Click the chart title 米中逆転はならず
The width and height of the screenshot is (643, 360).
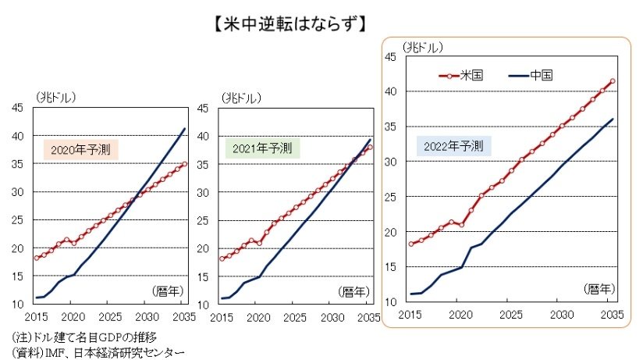tap(290, 23)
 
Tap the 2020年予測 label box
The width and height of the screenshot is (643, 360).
tap(81, 150)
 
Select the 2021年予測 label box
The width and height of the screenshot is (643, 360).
tap(262, 148)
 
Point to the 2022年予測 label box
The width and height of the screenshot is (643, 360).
tap(453, 146)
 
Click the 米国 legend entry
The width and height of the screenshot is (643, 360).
tap(461, 76)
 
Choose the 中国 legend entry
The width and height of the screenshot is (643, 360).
tap(531, 76)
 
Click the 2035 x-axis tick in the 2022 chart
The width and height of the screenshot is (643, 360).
tap(613, 315)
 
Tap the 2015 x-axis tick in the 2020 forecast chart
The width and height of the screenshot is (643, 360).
tap(36, 317)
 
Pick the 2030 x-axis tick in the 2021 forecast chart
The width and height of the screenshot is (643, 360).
tap(332, 318)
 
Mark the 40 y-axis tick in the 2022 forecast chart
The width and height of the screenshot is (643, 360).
tap(391, 91)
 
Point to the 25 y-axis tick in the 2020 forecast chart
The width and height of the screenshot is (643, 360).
tap(18, 220)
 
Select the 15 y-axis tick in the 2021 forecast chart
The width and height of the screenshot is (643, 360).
tap(203, 277)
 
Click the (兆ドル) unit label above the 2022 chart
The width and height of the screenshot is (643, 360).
tap(423, 48)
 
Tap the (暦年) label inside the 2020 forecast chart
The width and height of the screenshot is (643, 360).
tap(168, 291)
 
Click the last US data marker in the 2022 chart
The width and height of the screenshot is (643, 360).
tap(613, 81)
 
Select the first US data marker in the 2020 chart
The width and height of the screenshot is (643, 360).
tap(37, 258)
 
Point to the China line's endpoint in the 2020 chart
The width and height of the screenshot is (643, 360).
tap(185, 129)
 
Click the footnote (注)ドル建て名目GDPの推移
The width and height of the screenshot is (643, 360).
tap(84, 337)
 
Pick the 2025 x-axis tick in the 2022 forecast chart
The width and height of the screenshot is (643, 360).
tap(511, 315)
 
